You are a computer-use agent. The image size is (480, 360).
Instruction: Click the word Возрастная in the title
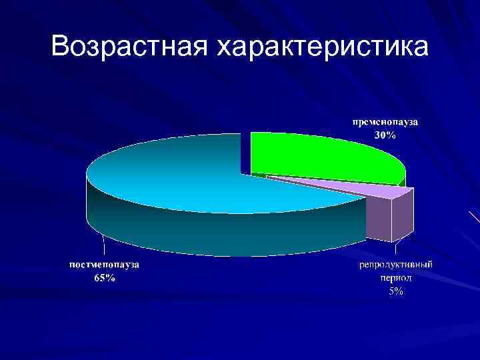pyautogui.click(x=127, y=46)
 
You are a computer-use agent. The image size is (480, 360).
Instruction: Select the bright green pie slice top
pyautogui.click(x=320, y=157)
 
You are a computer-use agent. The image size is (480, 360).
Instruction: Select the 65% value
pyautogui.click(x=104, y=279)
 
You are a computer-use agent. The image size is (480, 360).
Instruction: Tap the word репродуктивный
pyautogui.click(x=396, y=265)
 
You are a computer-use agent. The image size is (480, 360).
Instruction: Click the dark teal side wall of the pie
pyautogui.click(x=200, y=233)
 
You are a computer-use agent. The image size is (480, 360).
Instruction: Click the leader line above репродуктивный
pyautogui.click(x=395, y=250)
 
